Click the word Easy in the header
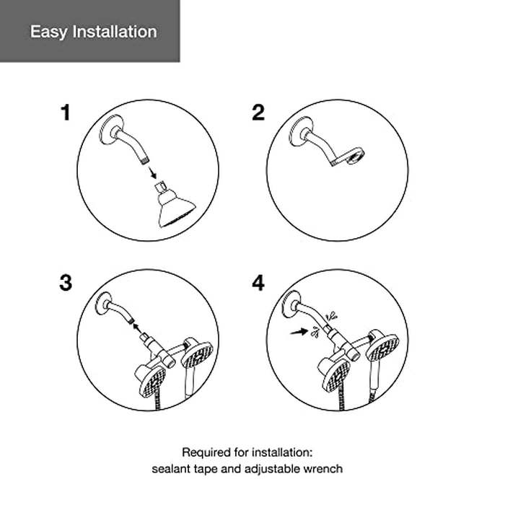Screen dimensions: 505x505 [x=49, y=32]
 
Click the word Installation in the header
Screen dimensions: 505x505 [x=115, y=32]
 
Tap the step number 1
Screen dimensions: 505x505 [x=66, y=113]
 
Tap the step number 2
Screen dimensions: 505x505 [x=258, y=113]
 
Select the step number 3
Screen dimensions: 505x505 [x=66, y=283]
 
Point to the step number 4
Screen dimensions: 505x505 [x=258, y=283]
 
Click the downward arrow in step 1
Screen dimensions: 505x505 [x=152, y=172]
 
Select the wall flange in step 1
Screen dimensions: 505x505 [x=111, y=129]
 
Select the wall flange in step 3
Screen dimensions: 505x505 [x=105, y=304]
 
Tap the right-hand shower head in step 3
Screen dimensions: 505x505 [x=196, y=353]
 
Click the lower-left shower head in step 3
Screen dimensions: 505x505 [x=151, y=379]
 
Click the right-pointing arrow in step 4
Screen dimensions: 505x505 [x=299, y=332]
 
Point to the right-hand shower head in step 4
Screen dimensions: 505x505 [x=383, y=347]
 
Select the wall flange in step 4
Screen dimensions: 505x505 [x=291, y=304]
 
